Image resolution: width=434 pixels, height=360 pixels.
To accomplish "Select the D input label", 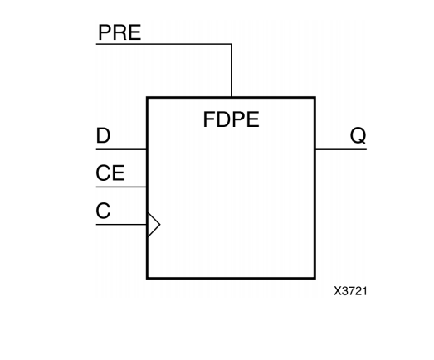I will [103, 137].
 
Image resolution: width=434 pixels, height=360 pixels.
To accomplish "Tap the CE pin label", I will [110, 174].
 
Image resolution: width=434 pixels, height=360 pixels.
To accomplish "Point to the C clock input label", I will [103, 212].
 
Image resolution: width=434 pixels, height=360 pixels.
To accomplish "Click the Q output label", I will [358, 137].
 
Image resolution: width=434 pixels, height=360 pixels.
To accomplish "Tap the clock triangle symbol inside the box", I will [153, 224].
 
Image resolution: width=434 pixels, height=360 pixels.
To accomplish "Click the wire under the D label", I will [121, 149].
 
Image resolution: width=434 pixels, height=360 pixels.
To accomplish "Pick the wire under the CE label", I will [121, 187].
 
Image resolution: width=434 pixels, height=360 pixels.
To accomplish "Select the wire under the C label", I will [121, 224].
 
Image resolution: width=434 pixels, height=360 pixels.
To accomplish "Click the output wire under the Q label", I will [340, 149].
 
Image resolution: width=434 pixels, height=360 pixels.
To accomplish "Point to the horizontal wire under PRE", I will [163, 43].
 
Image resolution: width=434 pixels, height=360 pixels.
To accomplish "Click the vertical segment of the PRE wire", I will [231, 71].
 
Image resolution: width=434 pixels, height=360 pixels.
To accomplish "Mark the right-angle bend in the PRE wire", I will [231, 43].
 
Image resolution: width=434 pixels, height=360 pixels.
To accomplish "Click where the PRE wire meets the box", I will [231, 97].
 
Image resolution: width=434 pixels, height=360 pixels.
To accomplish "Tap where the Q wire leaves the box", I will [315, 149].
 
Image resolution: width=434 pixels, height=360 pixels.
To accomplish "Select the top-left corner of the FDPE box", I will [147, 97].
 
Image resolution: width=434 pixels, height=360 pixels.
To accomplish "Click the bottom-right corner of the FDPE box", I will [315, 278].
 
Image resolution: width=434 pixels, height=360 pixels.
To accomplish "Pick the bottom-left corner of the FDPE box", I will [147, 278].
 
